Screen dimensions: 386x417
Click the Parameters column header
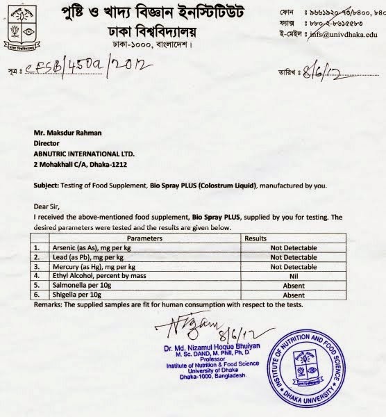tap(133, 237)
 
